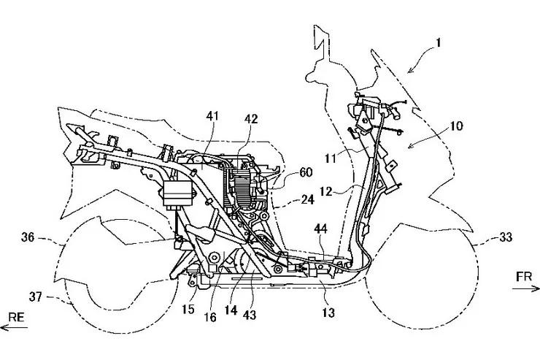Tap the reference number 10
point(456,126)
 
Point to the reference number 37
point(34,296)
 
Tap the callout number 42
point(251,119)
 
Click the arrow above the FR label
point(521,289)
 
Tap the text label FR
point(521,277)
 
